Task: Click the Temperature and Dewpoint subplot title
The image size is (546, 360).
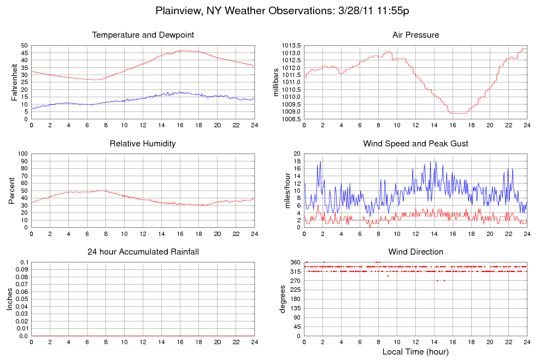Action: click(x=143, y=35)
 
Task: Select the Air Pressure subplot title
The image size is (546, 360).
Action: click(x=415, y=35)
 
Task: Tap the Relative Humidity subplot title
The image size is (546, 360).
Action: click(x=143, y=144)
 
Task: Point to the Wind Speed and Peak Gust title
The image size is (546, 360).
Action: click(x=415, y=144)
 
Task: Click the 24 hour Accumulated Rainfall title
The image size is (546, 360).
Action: click(x=143, y=252)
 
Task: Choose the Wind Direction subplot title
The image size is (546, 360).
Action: click(x=415, y=252)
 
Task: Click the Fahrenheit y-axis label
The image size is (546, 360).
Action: click(x=15, y=82)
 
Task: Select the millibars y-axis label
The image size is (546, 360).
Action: click(x=276, y=82)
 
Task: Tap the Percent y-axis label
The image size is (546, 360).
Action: click(x=11, y=191)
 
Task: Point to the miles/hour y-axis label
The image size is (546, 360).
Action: click(x=283, y=191)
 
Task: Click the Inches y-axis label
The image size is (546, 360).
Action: click(x=9, y=299)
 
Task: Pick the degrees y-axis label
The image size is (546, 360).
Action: click(x=283, y=299)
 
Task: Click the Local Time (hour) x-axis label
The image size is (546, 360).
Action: click(x=415, y=351)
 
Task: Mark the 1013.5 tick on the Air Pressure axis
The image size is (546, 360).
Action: click(x=290, y=45)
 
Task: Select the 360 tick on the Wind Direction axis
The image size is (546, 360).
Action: click(x=295, y=263)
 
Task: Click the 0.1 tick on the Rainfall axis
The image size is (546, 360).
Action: click(x=24, y=263)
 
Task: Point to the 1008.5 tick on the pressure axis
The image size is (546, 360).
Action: click(x=290, y=119)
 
